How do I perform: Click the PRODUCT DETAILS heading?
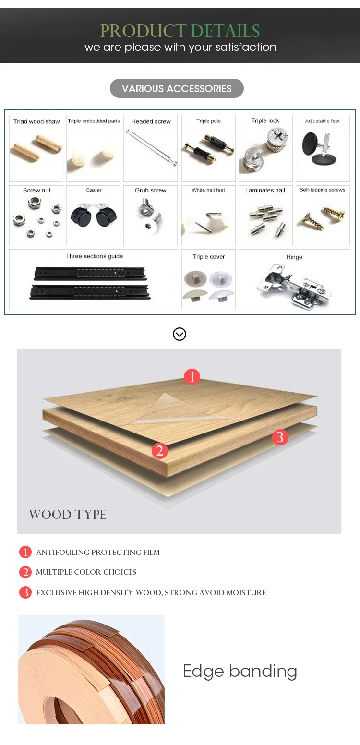click(180, 31)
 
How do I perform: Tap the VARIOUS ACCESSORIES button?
click(177, 89)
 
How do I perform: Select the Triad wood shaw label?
click(36, 121)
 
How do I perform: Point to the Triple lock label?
click(265, 120)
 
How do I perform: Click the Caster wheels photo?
click(94, 217)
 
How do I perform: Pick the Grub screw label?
click(151, 190)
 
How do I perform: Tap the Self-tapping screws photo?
click(321, 216)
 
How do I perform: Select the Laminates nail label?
click(265, 190)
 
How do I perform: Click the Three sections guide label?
click(94, 256)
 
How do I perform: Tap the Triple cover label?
click(209, 257)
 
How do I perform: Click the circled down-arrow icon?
click(180, 334)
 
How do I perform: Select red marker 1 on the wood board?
click(192, 377)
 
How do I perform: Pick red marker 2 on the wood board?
click(160, 450)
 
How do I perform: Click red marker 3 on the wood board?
click(280, 437)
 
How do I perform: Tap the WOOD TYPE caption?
click(68, 515)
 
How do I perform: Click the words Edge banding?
click(240, 671)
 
